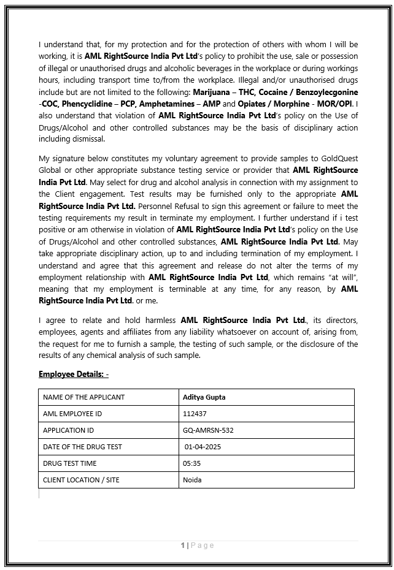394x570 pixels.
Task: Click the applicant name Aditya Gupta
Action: coord(204,397)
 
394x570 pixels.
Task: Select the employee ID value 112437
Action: coord(195,414)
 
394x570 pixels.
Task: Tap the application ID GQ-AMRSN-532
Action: coord(208,430)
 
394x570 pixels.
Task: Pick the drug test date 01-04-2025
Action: coord(203,447)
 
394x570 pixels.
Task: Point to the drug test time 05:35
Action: coord(191,463)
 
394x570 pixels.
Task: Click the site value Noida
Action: coord(192,480)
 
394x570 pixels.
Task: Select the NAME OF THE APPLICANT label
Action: coord(83,397)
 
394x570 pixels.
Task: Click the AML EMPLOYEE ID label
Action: coord(72,414)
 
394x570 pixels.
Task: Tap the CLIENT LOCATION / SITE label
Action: coord(81,480)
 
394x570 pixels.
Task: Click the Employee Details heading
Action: coord(73,374)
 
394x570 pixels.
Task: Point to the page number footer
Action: coord(198,545)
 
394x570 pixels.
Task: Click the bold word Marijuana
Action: coord(212,92)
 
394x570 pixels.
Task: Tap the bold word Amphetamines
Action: coord(170,104)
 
